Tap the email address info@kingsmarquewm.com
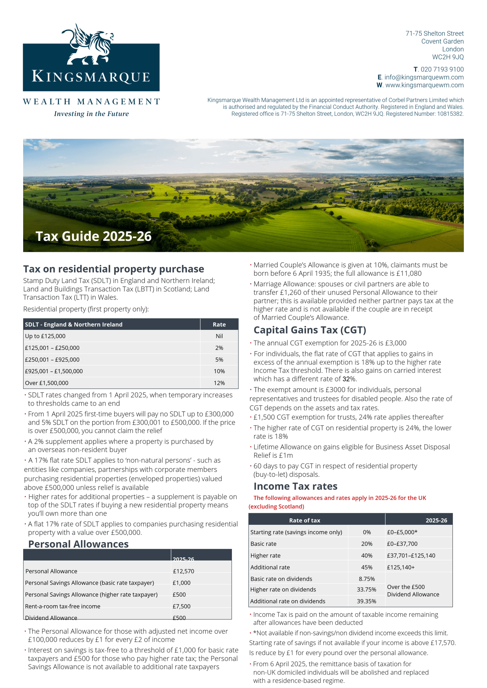point(424,77)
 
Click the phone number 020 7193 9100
point(442,69)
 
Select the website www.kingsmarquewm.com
point(424,85)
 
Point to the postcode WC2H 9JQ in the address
point(448,57)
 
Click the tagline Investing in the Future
point(91,114)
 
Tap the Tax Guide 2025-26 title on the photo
point(93,236)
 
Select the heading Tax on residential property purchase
point(114,269)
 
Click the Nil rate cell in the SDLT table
point(219,336)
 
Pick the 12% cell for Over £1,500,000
point(219,383)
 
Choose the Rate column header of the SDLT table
point(219,324)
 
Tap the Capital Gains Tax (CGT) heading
point(310,330)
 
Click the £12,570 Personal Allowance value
point(184,571)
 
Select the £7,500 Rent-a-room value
point(181,606)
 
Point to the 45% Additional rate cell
point(366,567)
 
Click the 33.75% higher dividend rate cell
point(366,589)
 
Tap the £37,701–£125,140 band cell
point(411,555)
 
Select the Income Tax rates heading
point(295,486)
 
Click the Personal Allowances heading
point(79,544)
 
